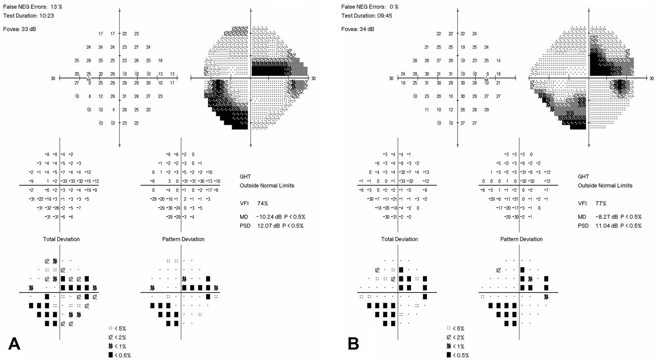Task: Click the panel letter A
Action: [14, 343]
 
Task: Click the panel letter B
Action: [353, 343]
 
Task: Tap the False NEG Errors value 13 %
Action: [56, 7]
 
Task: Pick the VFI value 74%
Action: [262, 203]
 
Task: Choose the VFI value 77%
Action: [600, 203]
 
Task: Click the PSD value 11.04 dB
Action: [607, 226]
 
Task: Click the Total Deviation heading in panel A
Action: [61, 239]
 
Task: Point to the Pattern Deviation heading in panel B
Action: [521, 239]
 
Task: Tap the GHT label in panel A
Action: [245, 177]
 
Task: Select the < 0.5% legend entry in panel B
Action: [458, 355]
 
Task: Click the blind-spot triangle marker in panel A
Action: [89, 78]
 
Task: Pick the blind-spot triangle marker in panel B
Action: [487, 78]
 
